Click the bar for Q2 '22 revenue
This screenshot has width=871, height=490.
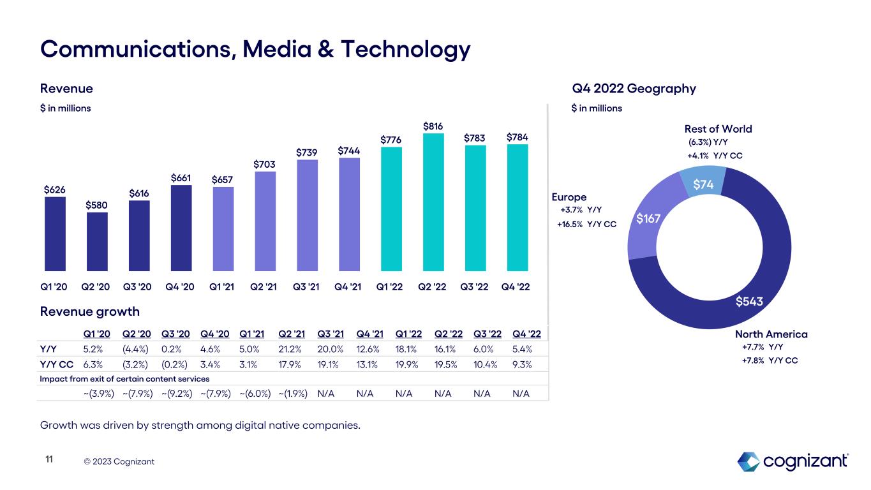[x=433, y=202]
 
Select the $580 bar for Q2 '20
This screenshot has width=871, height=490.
[x=97, y=242]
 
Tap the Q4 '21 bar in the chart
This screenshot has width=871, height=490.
[x=349, y=214]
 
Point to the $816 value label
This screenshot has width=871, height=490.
[x=433, y=126]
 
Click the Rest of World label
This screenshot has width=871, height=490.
[x=718, y=129]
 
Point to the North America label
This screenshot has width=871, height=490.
[x=771, y=334]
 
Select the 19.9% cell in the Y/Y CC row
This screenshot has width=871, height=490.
[x=406, y=364]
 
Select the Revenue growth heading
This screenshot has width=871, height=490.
[x=90, y=311]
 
